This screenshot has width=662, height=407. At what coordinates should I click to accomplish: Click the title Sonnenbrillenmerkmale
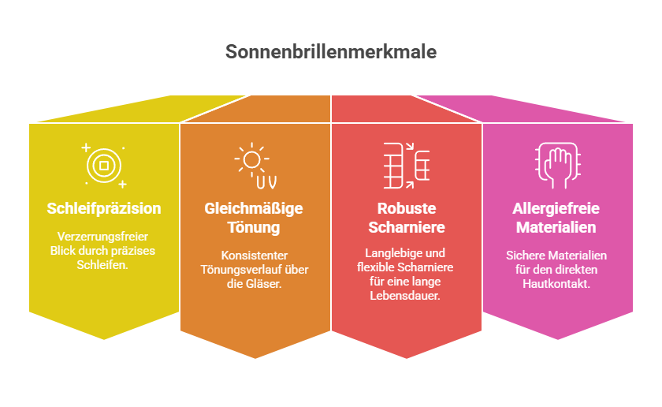point(331,52)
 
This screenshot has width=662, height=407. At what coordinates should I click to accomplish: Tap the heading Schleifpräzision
point(104,209)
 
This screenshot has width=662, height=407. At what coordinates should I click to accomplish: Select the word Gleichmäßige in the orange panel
point(254,209)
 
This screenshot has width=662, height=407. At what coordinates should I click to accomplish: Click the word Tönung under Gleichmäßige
point(254,227)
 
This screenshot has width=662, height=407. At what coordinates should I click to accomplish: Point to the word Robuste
point(407,208)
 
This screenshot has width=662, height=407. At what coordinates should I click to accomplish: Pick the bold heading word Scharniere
point(407,227)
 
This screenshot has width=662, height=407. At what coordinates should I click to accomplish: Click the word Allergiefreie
point(556,209)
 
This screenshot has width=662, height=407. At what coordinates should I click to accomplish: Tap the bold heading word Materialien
point(556,227)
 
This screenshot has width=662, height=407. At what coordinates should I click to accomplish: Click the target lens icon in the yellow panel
point(104,166)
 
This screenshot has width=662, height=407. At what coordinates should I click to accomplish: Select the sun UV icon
point(255,166)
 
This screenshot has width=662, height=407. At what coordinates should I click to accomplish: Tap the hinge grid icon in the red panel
point(406,166)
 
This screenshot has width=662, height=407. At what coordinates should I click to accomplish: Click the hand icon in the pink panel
point(557,166)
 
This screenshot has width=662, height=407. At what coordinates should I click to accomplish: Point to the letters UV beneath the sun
point(266,182)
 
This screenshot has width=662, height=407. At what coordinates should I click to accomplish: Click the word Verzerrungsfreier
point(102,237)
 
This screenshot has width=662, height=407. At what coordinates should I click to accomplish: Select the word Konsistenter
point(254,256)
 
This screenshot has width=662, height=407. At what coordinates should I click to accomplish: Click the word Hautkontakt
point(556,284)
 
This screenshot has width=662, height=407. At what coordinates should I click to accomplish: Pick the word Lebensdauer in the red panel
point(405,296)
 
